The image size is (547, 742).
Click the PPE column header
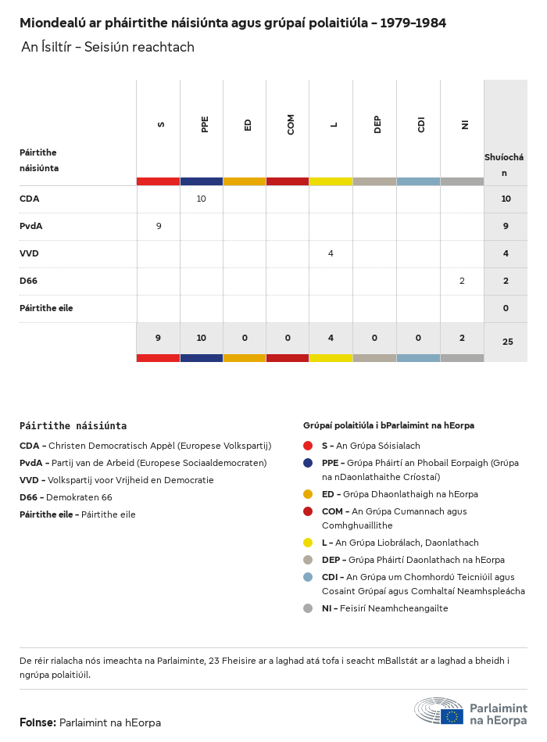pyautogui.click(x=205, y=124)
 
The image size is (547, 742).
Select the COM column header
pyautogui.click(x=291, y=124)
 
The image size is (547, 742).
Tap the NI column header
pyautogui.click(x=465, y=124)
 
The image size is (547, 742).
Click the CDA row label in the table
pyautogui.click(x=30, y=199)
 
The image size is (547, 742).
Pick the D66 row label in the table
pyautogui.click(x=29, y=281)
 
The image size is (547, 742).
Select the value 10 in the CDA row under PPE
pyautogui.click(x=201, y=199)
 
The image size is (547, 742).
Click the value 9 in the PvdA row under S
pyautogui.click(x=159, y=226)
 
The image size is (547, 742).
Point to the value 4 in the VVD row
pyautogui.click(x=331, y=253)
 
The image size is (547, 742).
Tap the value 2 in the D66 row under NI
pyautogui.click(x=462, y=281)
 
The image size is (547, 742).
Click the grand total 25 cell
pyautogui.click(x=507, y=342)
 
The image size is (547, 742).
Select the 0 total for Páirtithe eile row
pyautogui.click(x=506, y=308)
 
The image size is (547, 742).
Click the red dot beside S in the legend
pyautogui.click(x=308, y=446)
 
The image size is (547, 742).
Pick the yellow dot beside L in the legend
pyautogui.click(x=308, y=543)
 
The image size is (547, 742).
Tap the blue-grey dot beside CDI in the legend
pyautogui.click(x=308, y=577)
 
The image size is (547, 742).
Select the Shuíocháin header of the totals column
pyautogui.click(x=504, y=165)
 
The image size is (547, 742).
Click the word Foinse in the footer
pyautogui.click(x=37, y=722)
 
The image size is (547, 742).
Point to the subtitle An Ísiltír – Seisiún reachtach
pyautogui.click(x=108, y=48)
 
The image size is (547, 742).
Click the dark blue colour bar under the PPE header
pyautogui.click(x=202, y=181)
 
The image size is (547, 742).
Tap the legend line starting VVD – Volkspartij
pyautogui.click(x=116, y=480)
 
